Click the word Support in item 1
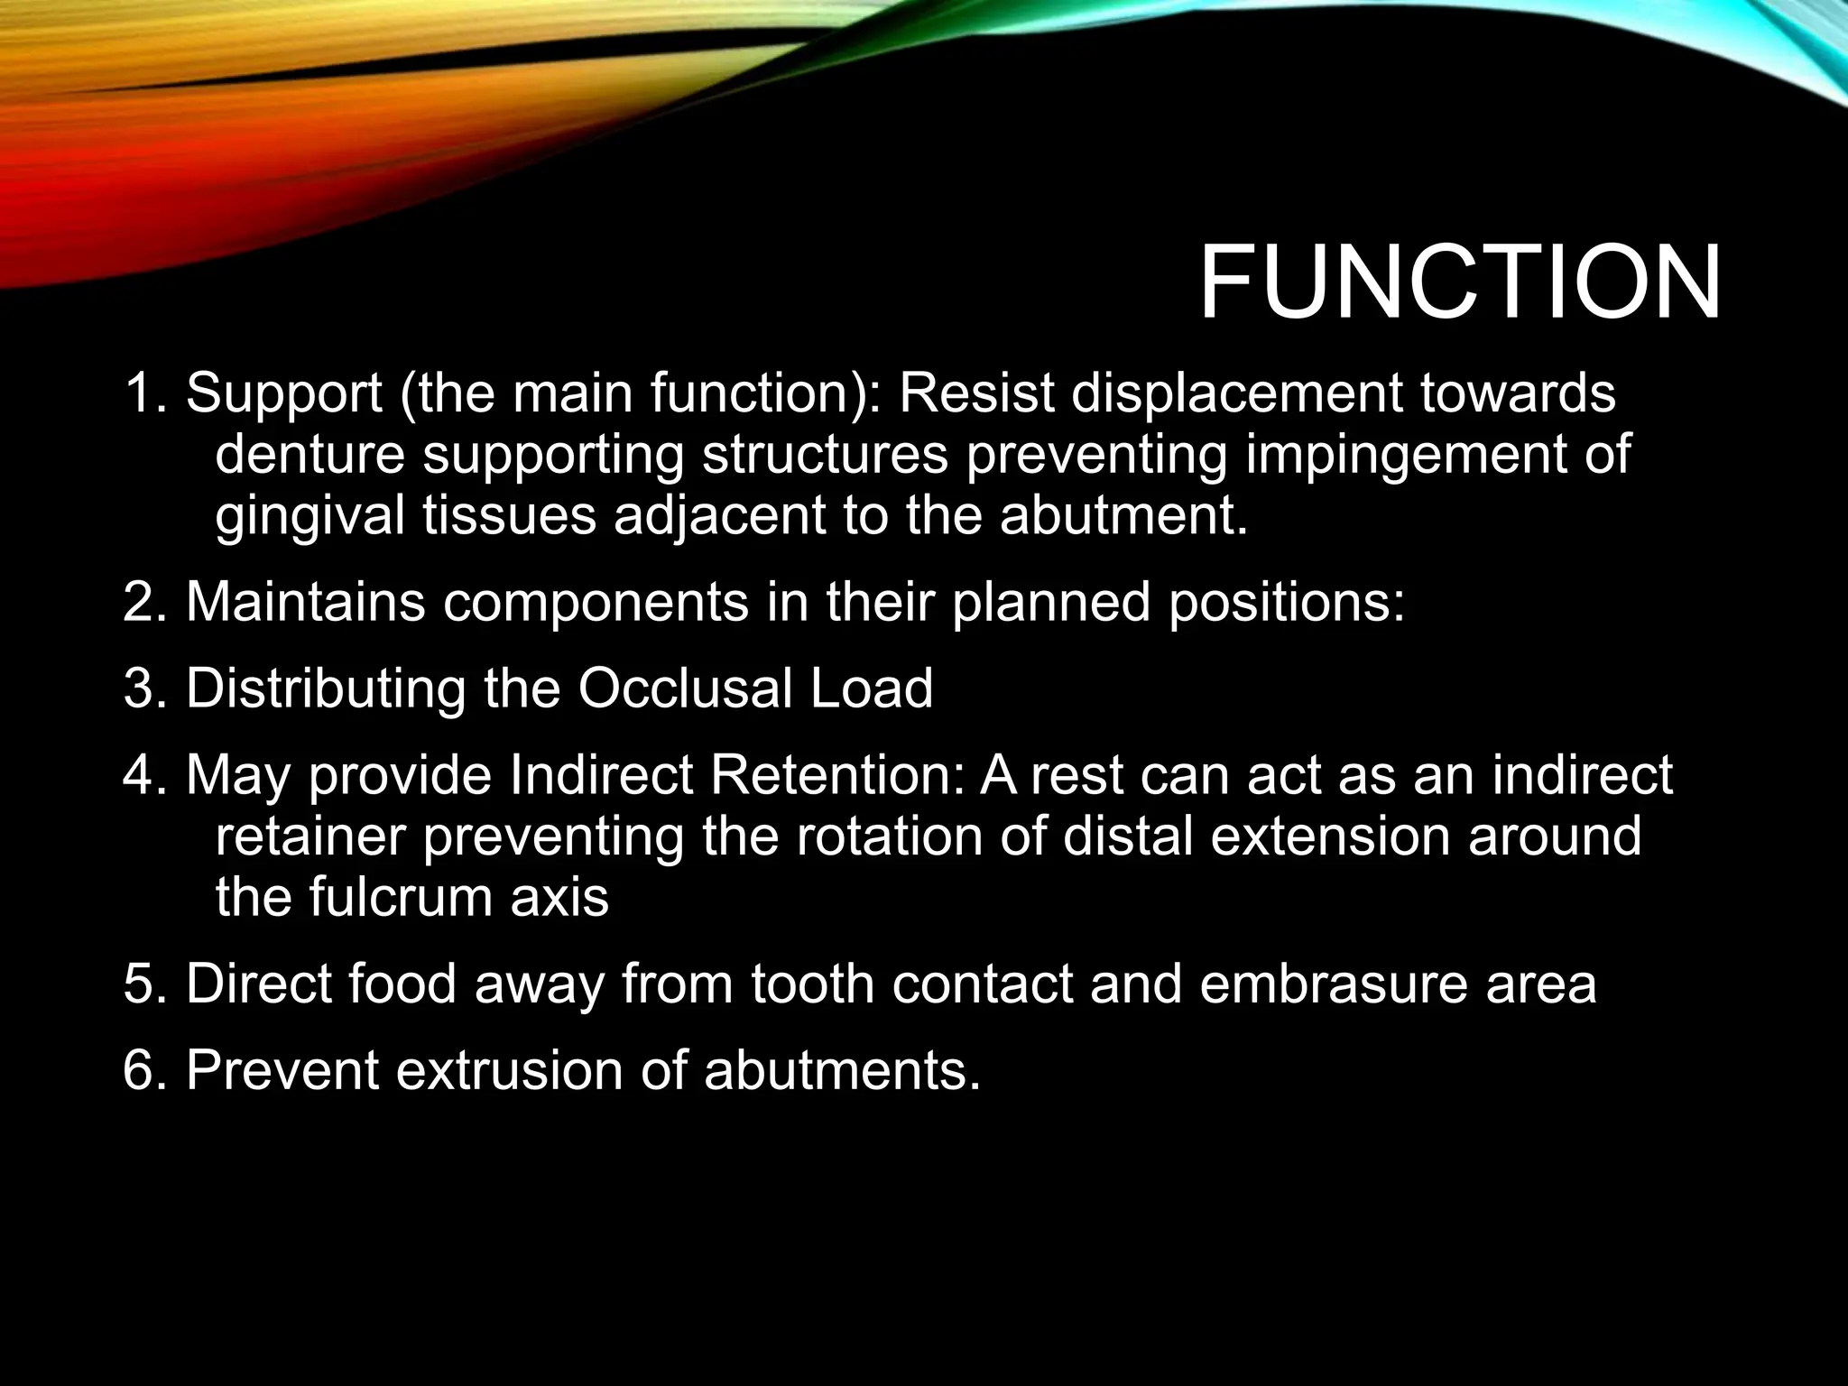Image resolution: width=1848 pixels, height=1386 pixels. click(x=283, y=395)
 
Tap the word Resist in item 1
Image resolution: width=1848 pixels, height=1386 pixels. click(x=975, y=393)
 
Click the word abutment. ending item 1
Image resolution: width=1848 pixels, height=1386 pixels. click(x=1123, y=516)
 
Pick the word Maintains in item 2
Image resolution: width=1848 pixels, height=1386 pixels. click(x=305, y=601)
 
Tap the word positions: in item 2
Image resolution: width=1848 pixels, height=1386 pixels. click(x=1287, y=603)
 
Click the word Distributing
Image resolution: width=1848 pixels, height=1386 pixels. click(x=325, y=688)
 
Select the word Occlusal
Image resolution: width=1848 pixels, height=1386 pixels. click(x=684, y=688)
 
